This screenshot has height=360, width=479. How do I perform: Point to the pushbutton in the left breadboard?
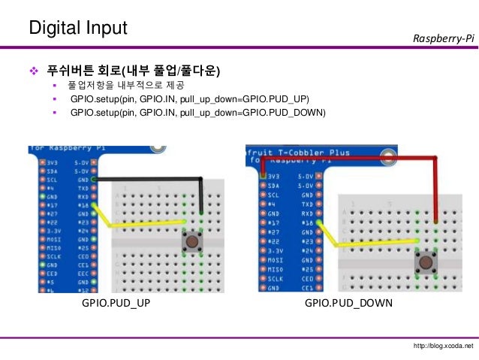[193, 242]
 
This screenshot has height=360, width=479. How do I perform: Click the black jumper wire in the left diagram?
[150, 179]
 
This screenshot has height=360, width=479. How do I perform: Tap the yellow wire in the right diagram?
[368, 243]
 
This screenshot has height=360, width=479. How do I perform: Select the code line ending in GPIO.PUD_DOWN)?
[197, 113]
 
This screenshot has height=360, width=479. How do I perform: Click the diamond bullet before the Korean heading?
[32, 71]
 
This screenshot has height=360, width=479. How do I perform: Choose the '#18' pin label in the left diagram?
[82, 203]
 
